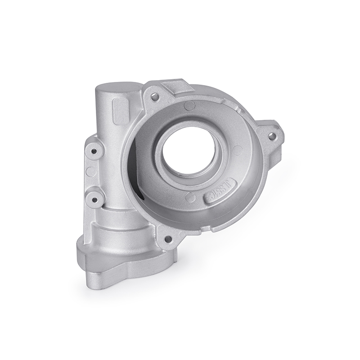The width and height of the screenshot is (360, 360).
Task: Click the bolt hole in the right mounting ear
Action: click(271, 134)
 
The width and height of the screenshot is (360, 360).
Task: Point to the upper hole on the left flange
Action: click(94, 152)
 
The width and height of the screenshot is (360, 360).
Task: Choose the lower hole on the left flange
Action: click(95, 196)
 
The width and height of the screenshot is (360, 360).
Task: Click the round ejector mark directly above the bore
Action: click(190, 106)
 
